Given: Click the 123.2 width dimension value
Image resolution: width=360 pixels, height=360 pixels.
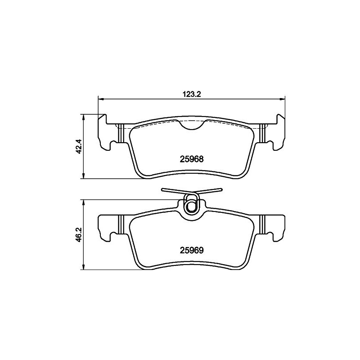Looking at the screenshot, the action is coord(192,94).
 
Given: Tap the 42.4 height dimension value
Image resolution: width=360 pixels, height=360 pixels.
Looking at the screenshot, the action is coord(79,147).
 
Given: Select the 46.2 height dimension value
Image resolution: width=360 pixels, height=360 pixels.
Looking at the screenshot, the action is coord(79,234).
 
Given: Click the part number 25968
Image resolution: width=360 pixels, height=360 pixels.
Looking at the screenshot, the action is coord(192,159).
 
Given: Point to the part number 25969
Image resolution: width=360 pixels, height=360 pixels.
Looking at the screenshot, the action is coord(192,251).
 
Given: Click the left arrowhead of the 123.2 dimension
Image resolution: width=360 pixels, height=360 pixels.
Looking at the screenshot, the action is coord(101,99).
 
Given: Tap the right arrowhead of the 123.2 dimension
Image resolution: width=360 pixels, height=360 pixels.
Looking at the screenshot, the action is coord(282,99).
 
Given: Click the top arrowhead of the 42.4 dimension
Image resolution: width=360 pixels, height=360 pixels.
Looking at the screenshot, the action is coord(84,117).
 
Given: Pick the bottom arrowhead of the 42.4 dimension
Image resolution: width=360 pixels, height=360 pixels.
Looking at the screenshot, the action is coord(84,175).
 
